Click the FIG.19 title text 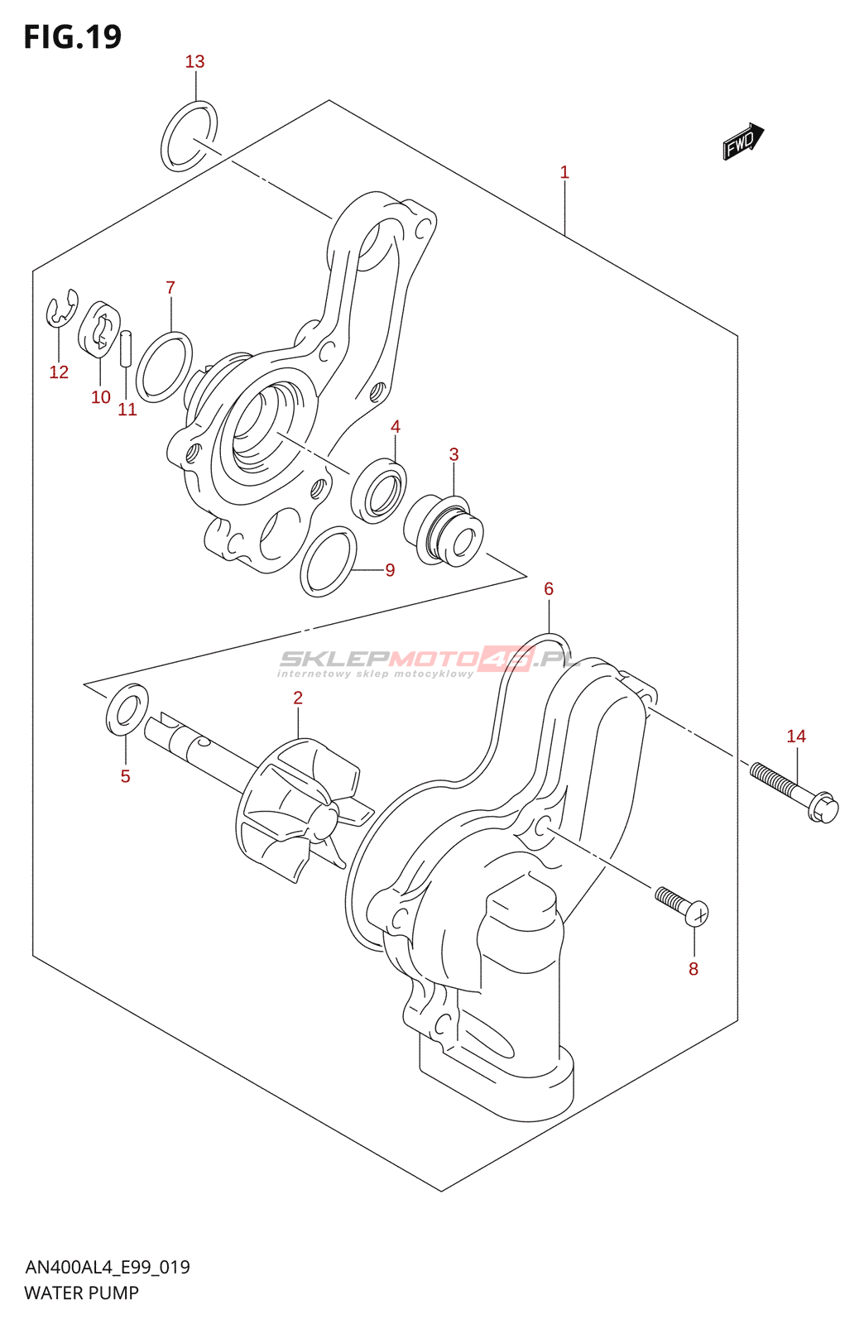pos(73,37)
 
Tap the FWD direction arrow pos(742,142)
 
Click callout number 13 pos(194,62)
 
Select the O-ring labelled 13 pos(189,137)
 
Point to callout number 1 pos(564,173)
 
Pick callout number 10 pos(101,397)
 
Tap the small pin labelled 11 pos(126,348)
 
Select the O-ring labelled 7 pos(164,367)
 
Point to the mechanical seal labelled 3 pos(444,532)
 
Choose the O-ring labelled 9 pos(329,561)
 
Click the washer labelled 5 pos(127,709)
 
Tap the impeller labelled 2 pos(298,811)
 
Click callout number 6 pos(549,589)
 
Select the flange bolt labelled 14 pos(794,790)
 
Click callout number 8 pos(694,969)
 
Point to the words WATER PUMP pos(82,1293)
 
